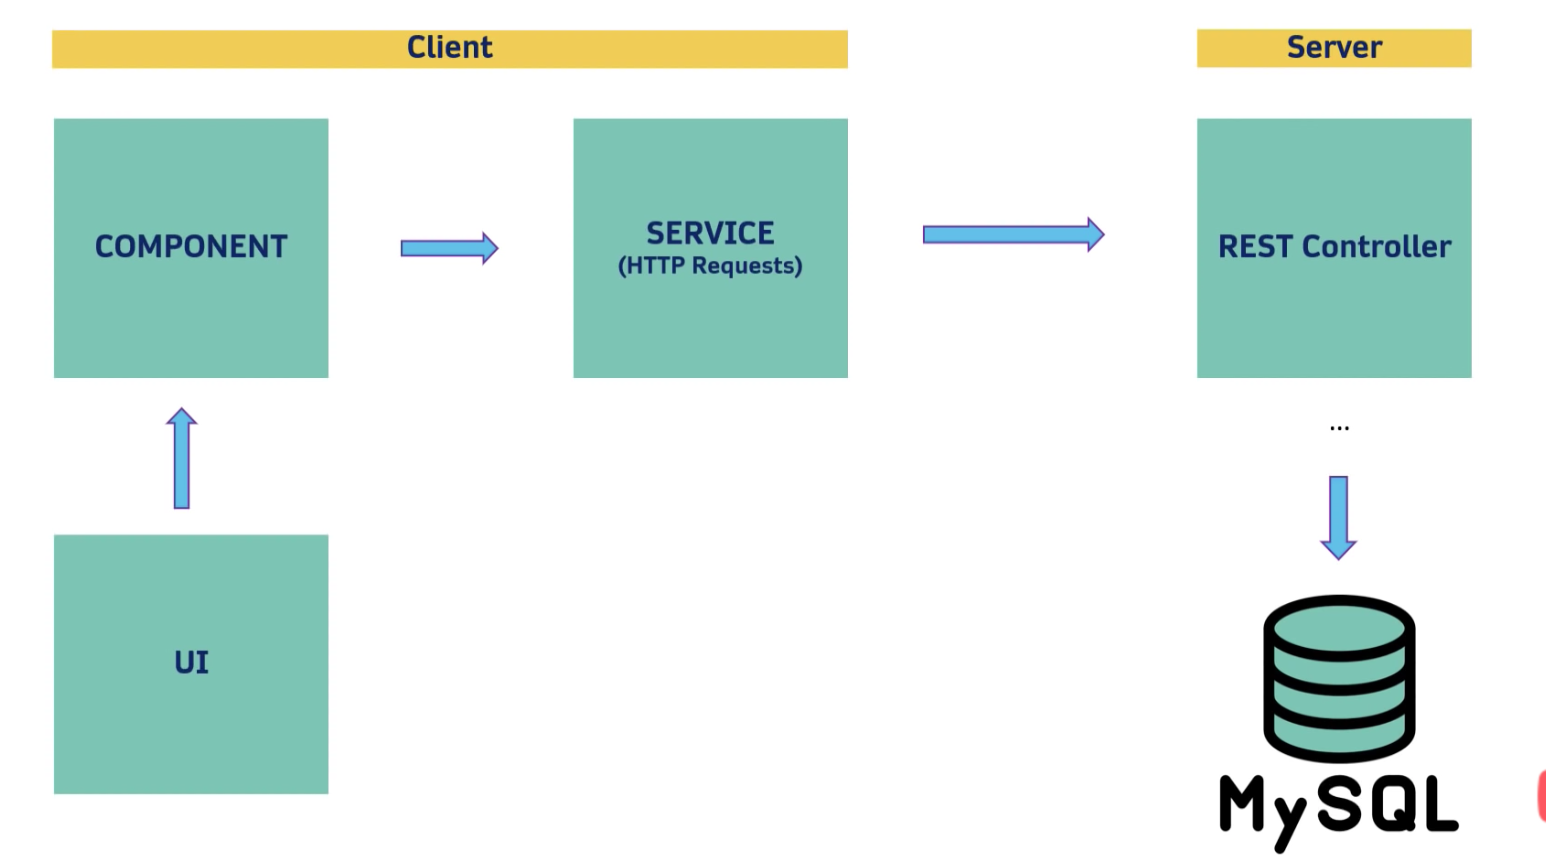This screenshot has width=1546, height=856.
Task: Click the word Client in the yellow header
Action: coord(449,47)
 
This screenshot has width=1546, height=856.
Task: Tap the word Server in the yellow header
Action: coord(1334,47)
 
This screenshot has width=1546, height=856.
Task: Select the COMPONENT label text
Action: coord(191,247)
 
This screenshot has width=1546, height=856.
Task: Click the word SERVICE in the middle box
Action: coord(710,233)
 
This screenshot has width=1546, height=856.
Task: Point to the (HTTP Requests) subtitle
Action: coord(710,266)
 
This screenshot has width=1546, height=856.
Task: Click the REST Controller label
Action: coord(1334,247)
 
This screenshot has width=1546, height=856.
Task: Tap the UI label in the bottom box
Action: coord(191,662)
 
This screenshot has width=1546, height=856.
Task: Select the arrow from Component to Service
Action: coord(449,248)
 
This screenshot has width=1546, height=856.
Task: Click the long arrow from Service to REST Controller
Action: coord(1013,235)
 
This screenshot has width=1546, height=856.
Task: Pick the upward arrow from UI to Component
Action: coord(182,458)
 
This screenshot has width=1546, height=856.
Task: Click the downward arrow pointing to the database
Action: coord(1339,517)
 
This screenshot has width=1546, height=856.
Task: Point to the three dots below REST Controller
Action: coord(1339,428)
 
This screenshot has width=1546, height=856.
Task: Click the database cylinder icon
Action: coord(1339,680)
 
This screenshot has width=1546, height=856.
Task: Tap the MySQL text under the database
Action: coord(1339,806)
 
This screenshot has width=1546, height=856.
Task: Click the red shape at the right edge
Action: coord(1541,796)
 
